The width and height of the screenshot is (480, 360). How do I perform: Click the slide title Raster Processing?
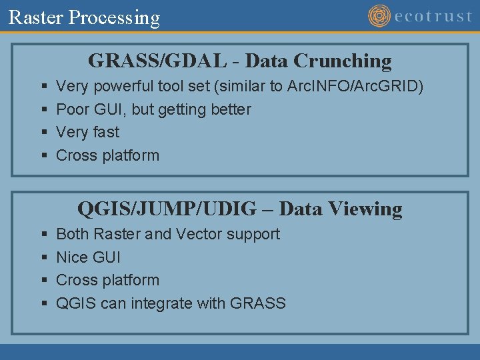[84, 17]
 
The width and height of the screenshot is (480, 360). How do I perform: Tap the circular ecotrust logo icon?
[379, 16]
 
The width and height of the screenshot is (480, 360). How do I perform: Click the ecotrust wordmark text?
[433, 16]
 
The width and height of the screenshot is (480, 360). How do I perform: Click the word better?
[229, 109]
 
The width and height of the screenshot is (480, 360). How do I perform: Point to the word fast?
[106, 132]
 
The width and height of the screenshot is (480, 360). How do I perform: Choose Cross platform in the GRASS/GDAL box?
[107, 155]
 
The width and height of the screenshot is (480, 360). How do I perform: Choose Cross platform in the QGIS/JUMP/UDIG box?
[107, 280]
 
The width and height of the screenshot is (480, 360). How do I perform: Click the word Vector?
[199, 234]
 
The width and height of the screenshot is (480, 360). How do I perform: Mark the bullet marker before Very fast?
[43, 133]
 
